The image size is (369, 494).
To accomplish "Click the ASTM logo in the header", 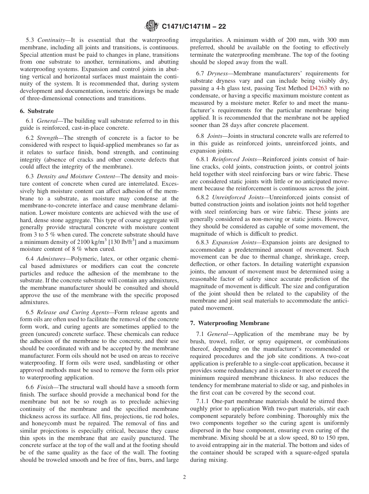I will [151, 26].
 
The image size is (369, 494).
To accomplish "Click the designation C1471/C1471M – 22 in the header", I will [194, 26].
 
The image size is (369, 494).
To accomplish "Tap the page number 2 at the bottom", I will [184, 477].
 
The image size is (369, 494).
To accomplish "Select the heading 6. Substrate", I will [37, 111].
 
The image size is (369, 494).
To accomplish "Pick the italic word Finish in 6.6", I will [45, 387].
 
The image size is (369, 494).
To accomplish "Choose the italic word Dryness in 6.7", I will [218, 73].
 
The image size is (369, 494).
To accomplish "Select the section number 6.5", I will [30, 312].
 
